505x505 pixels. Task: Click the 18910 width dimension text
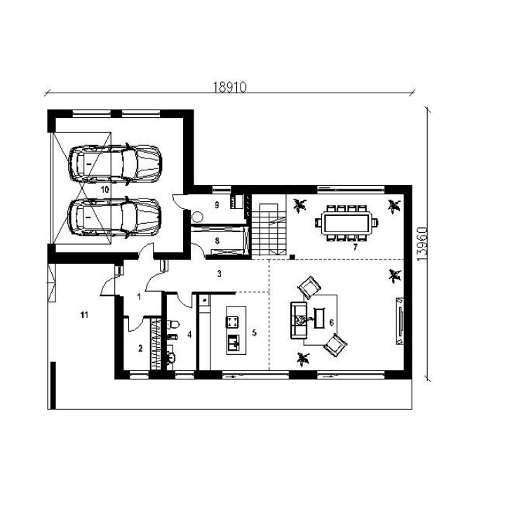[x=229, y=87]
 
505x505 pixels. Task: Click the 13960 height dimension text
[x=422, y=244]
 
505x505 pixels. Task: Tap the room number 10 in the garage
[x=105, y=189]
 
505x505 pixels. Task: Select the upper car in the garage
[x=115, y=164]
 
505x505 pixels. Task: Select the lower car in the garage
[x=114, y=217]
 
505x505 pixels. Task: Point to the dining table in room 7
[x=346, y=223]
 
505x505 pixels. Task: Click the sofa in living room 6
[x=298, y=320]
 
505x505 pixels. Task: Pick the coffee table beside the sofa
[x=319, y=318]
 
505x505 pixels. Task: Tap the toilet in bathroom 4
[x=173, y=324]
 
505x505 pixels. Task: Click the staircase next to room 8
[x=269, y=229]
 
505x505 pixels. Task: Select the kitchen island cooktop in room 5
[x=232, y=322]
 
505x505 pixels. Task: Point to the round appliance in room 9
[x=197, y=217]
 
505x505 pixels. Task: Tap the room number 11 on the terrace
[x=84, y=315]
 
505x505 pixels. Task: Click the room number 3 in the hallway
[x=220, y=274]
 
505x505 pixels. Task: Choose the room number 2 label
[x=140, y=349]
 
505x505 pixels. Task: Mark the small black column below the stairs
[x=292, y=257]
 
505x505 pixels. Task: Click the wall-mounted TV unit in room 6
[x=400, y=321]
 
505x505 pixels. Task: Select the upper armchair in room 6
[x=309, y=288]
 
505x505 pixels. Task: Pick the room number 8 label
[x=217, y=241]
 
